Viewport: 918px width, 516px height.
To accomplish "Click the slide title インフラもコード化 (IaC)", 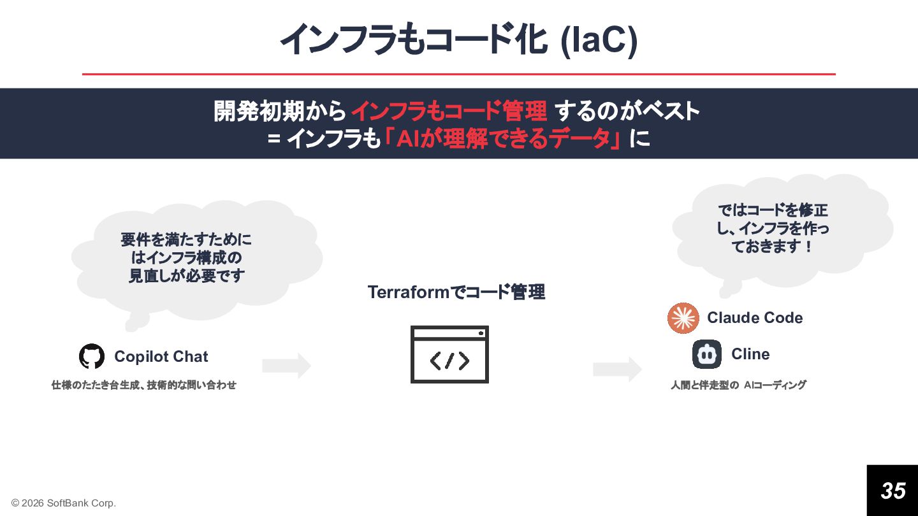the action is tap(458, 40).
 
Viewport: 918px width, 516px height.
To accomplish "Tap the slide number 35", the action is tap(893, 491).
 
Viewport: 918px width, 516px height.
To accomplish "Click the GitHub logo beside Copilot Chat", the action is tap(92, 357).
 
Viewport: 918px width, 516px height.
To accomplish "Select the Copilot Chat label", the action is tap(161, 357).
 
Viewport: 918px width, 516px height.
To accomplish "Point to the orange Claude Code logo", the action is tap(683, 318).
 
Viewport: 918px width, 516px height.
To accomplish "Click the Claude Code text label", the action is tap(755, 318).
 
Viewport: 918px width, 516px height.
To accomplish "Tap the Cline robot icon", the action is tap(707, 354).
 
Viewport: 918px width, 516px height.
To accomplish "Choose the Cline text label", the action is tap(750, 354).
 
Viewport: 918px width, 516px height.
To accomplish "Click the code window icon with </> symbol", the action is tap(449, 354).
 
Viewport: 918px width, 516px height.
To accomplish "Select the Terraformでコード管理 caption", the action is tap(456, 292).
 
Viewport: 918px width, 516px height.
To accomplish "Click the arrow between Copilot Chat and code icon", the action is tap(286, 366).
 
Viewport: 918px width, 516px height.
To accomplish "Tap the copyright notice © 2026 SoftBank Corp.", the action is tap(64, 503).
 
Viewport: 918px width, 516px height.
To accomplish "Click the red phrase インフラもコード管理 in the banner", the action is tap(449, 112).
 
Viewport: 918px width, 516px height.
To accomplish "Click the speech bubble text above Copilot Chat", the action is tap(186, 258).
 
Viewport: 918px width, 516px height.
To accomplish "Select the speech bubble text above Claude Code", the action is tap(773, 228).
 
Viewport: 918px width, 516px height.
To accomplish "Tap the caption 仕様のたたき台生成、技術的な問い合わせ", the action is tap(144, 385).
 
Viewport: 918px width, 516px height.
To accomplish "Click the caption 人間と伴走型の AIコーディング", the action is tap(738, 385).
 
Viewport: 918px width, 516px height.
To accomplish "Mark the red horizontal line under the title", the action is tap(458, 75).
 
